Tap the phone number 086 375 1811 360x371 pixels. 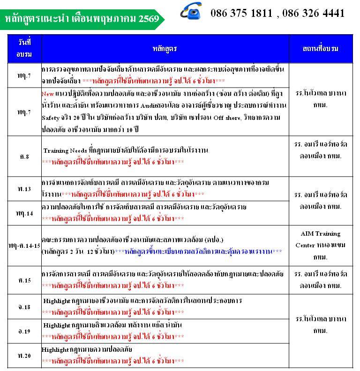coord(242,13)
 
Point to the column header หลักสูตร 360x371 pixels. coord(165,48)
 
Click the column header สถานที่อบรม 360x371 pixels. coord(321,48)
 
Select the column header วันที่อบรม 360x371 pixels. coord(24,48)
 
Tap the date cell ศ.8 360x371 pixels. coord(24,156)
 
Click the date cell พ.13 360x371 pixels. coord(24,189)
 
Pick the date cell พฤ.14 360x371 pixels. coord(24,213)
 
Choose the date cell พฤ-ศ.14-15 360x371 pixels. coord(24,245)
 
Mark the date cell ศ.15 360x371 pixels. coord(24,280)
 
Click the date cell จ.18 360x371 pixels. coord(24,307)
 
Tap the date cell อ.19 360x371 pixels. coord(24,331)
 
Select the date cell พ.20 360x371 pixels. coord(24,356)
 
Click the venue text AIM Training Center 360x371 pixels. coord(321,239)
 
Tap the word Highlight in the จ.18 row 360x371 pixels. coord(57,301)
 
